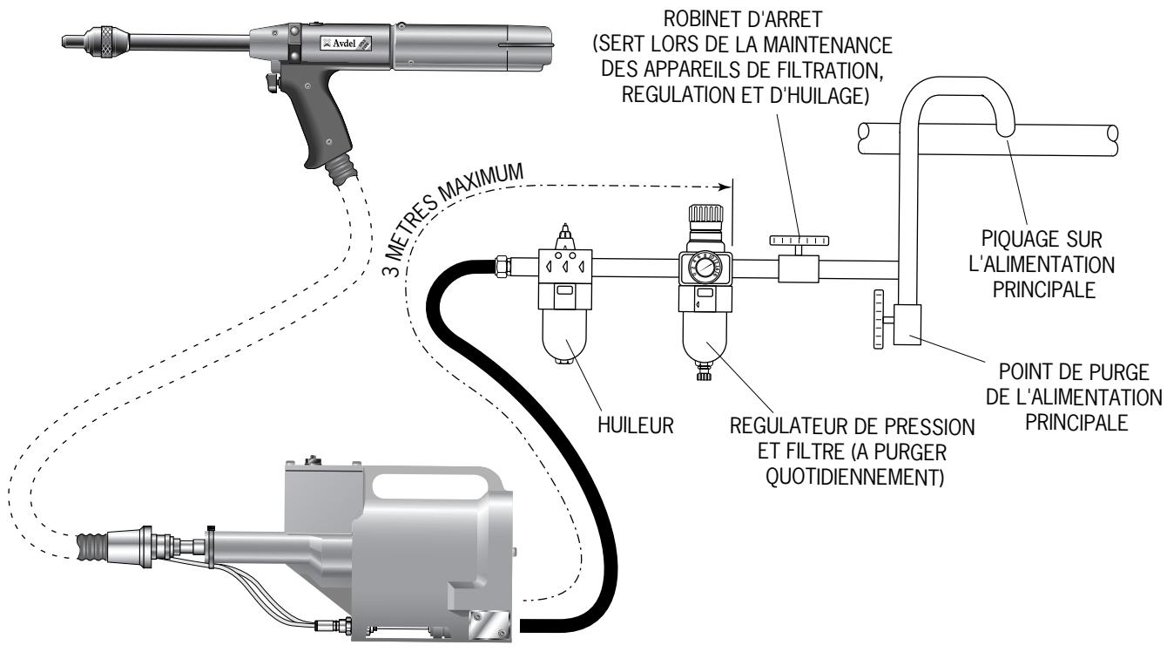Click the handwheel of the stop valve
tap(798, 239)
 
